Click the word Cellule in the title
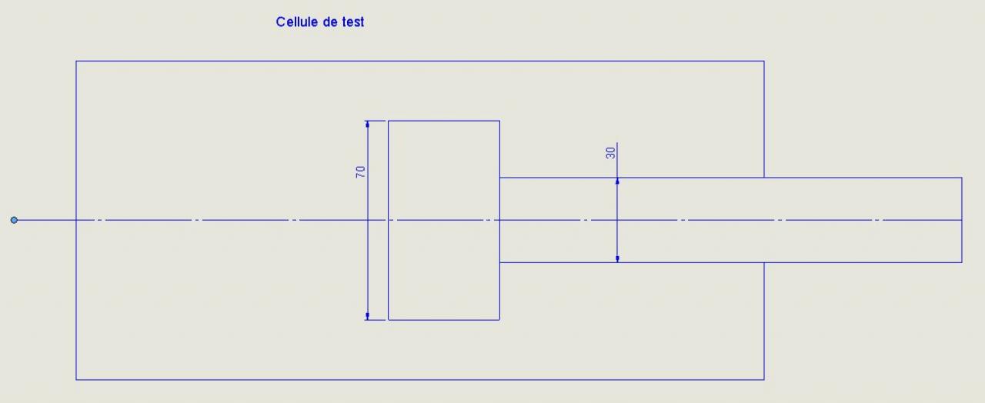(296, 22)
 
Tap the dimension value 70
(360, 172)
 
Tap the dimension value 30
(611, 152)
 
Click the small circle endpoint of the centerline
(14, 220)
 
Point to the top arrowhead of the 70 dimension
(368, 123)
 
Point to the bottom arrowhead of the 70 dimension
(368, 316)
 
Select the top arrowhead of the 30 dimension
(617, 181)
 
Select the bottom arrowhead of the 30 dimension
(617, 259)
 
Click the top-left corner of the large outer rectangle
(76, 61)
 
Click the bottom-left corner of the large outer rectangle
(76, 379)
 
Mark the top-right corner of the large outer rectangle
(764, 61)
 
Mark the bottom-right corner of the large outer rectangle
(764, 379)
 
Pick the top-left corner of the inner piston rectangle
(389, 121)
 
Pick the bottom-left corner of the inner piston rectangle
(389, 319)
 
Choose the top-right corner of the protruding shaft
(962, 178)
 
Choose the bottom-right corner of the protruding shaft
(962, 262)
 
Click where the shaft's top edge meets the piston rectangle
(499, 178)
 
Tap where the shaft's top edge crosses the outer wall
(764, 178)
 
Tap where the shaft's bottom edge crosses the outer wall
(764, 262)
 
